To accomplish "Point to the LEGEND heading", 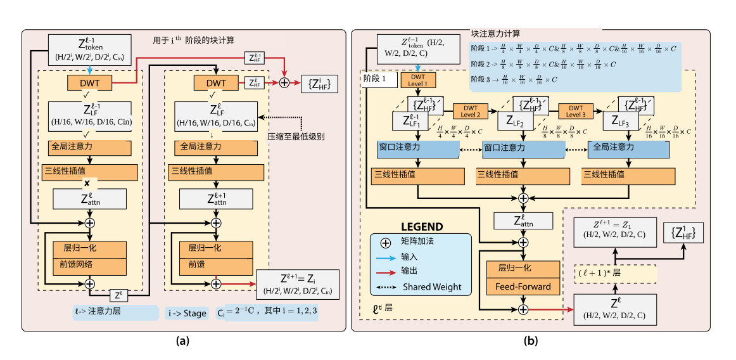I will click(x=422, y=226).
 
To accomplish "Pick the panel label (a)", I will click(x=182, y=341).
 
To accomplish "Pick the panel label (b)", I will click(x=531, y=341).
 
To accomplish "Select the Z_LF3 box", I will click(x=626, y=120).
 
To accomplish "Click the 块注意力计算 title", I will click(x=496, y=33).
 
